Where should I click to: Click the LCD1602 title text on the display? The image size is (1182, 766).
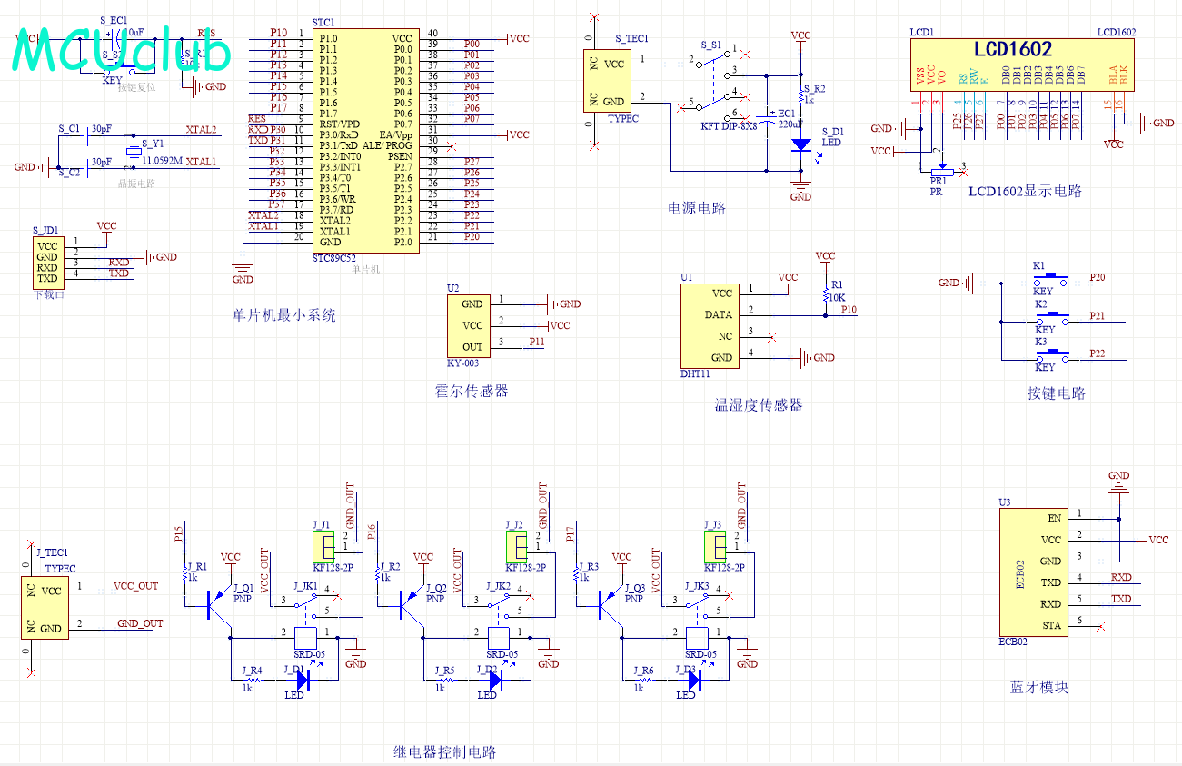click(x=1013, y=49)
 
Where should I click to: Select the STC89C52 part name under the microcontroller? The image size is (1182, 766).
click(x=334, y=258)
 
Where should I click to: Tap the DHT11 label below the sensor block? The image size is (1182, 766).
click(x=695, y=373)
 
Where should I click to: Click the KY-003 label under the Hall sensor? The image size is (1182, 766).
click(x=462, y=363)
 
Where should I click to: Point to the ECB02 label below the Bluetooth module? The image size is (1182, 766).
click(x=1013, y=642)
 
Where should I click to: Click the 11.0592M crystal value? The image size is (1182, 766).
click(x=163, y=161)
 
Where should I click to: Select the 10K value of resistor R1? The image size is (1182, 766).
click(x=835, y=298)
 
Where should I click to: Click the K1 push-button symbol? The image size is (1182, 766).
click(x=1053, y=276)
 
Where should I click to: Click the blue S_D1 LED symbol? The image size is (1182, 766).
click(x=800, y=144)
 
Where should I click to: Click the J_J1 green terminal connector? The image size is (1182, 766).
click(x=323, y=546)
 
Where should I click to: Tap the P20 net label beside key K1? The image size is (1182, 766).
click(x=1097, y=278)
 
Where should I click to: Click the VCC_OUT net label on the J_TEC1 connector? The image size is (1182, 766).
click(x=135, y=587)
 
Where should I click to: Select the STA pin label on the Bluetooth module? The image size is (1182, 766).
click(x=1051, y=625)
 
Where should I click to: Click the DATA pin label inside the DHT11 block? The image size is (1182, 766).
click(x=719, y=315)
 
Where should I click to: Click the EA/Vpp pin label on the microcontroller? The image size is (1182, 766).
click(x=395, y=134)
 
